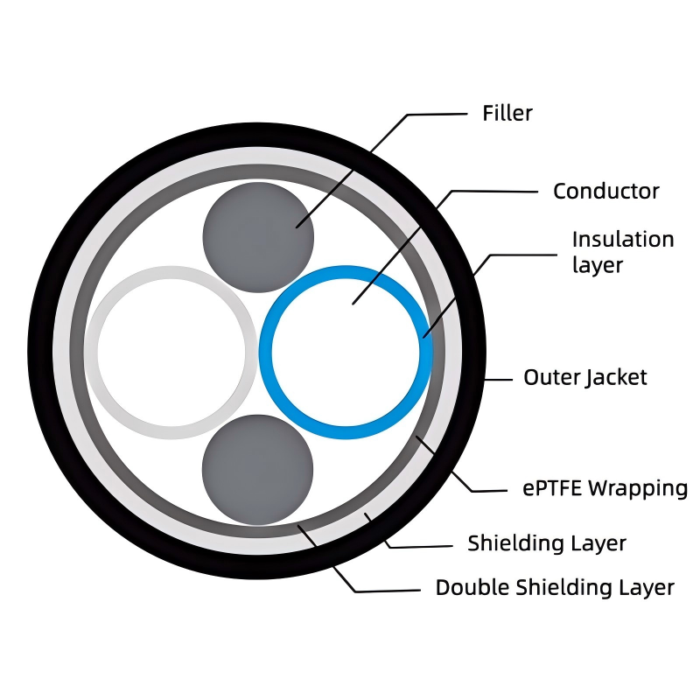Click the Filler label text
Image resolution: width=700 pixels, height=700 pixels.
(x=507, y=113)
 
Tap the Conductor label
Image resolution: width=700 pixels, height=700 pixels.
(x=605, y=191)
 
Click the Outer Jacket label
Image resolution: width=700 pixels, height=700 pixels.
(x=584, y=377)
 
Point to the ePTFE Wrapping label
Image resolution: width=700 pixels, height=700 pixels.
(x=605, y=488)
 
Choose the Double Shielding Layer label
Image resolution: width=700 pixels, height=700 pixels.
(x=555, y=587)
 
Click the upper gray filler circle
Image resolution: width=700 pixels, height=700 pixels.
(x=258, y=237)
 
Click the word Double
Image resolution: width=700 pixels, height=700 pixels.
(x=469, y=587)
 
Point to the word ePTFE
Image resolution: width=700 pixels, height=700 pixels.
(x=552, y=488)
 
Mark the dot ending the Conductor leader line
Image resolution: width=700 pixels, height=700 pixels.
(x=353, y=303)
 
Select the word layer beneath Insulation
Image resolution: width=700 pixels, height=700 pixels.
(x=597, y=265)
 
